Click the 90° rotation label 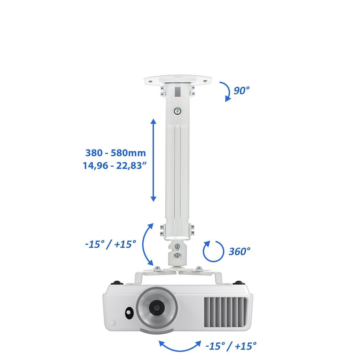[x=241, y=91]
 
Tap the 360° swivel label [x=240, y=251]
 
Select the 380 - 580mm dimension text [x=116, y=153]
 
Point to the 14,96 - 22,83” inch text [x=115, y=166]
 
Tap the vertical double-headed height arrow [x=153, y=160]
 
